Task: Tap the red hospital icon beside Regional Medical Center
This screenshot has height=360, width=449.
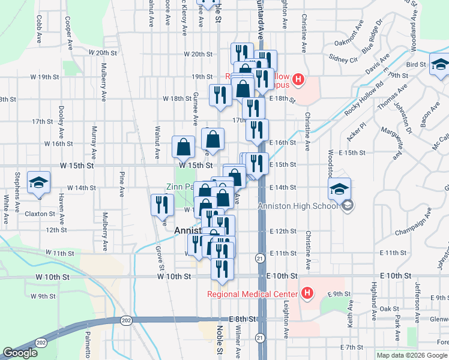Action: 307,293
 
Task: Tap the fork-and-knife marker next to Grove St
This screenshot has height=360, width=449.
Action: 161,205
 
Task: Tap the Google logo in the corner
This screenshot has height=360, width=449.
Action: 20,353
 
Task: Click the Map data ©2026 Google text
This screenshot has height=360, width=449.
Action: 412,355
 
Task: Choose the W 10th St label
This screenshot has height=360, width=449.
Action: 174,276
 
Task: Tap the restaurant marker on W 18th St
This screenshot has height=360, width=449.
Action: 220,95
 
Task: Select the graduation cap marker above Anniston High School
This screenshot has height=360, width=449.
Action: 339,189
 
